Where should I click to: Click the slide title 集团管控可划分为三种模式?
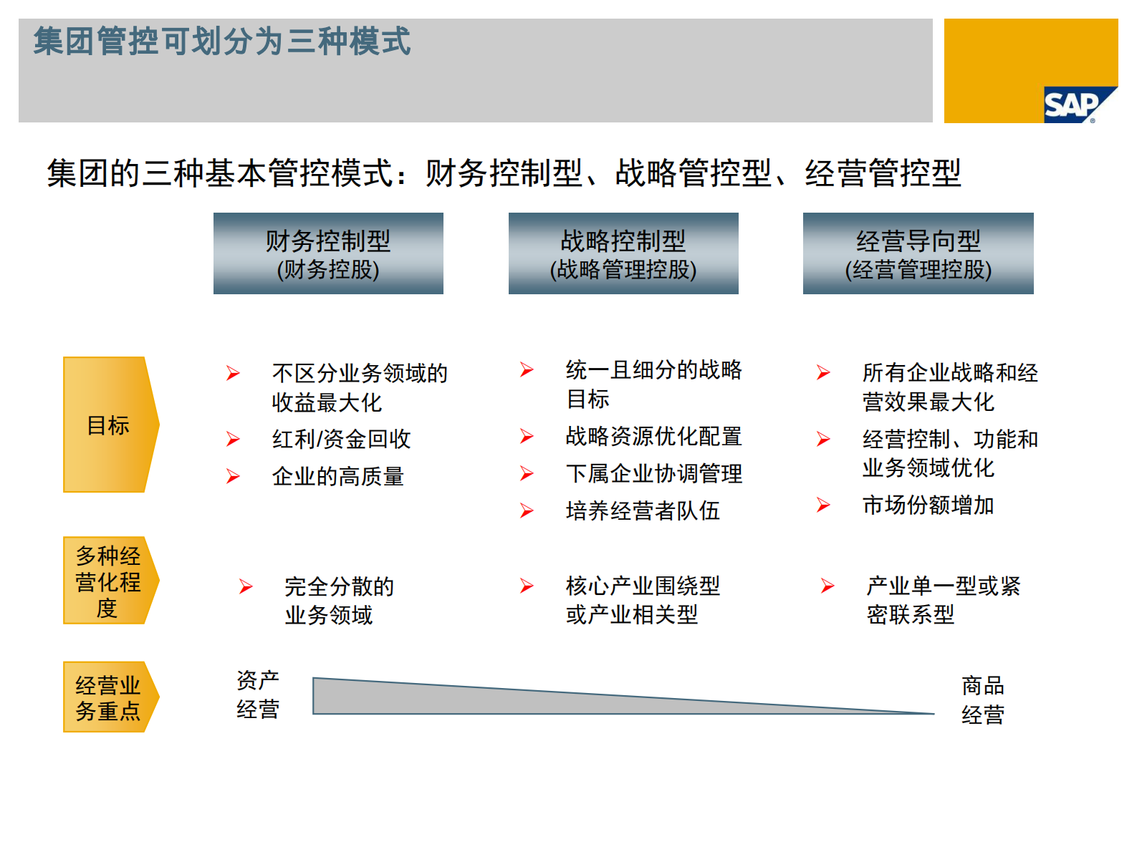(222, 42)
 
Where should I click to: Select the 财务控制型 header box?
(328, 253)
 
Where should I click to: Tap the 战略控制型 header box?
(623, 253)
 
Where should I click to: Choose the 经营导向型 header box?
(918, 253)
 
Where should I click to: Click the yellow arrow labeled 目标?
(109, 425)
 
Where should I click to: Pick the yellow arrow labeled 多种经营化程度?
(109, 581)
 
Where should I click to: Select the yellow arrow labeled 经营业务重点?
(109, 697)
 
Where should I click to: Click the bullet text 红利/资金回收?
(341, 439)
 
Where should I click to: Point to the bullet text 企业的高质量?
(337, 476)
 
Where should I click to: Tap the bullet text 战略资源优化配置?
(653, 436)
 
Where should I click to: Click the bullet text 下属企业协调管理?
(653, 473)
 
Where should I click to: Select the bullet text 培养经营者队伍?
(643, 510)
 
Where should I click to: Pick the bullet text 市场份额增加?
(928, 505)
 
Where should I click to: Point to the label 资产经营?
(258, 694)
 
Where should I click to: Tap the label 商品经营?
(982, 699)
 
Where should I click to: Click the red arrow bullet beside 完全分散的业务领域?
(246, 587)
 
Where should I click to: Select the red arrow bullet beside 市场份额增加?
(823, 505)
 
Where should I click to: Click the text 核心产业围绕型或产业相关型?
(643, 600)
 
